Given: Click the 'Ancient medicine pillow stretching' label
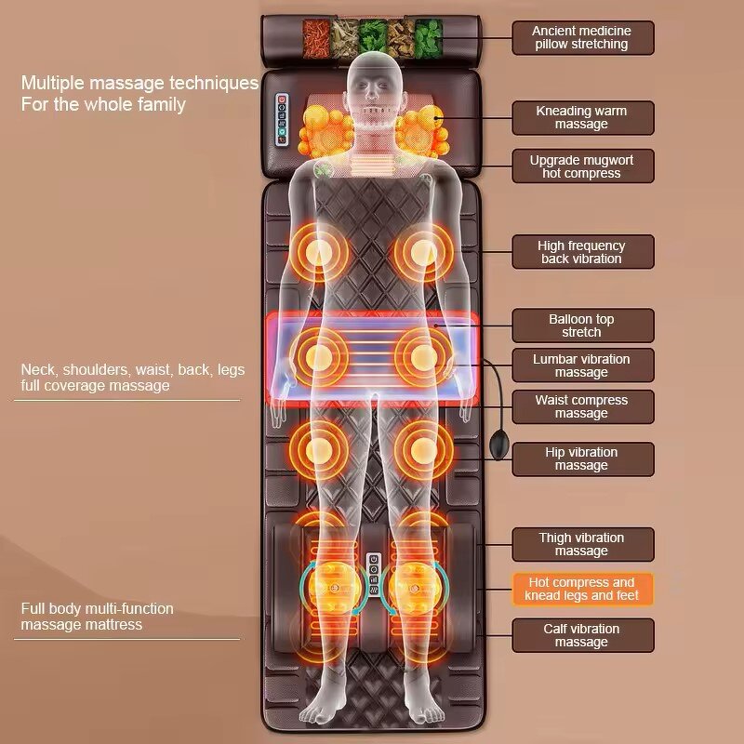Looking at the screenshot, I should pos(582,38).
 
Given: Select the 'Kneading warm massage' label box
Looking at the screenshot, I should pos(582,118).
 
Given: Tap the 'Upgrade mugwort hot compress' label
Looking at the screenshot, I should pos(582,166).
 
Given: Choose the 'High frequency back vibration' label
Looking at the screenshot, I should pos(582,252).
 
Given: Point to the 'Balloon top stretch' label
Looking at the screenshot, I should pos(582,325).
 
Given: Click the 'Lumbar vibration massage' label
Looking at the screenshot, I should pos(582,365).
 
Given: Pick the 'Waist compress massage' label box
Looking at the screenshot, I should pos(582,406).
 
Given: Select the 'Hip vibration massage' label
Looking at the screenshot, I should pos(582,458).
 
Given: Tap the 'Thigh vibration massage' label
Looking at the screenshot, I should pos(582,544).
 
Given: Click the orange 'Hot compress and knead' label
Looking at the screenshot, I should pos(582,589).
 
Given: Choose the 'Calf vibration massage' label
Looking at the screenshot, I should pos(582,635).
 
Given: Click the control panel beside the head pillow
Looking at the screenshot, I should pos(278,120).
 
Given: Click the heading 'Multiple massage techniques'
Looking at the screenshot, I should pos(139,84).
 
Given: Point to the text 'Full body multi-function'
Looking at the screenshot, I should pos(98,608).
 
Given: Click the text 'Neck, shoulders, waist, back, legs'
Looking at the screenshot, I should pos(133,370).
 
